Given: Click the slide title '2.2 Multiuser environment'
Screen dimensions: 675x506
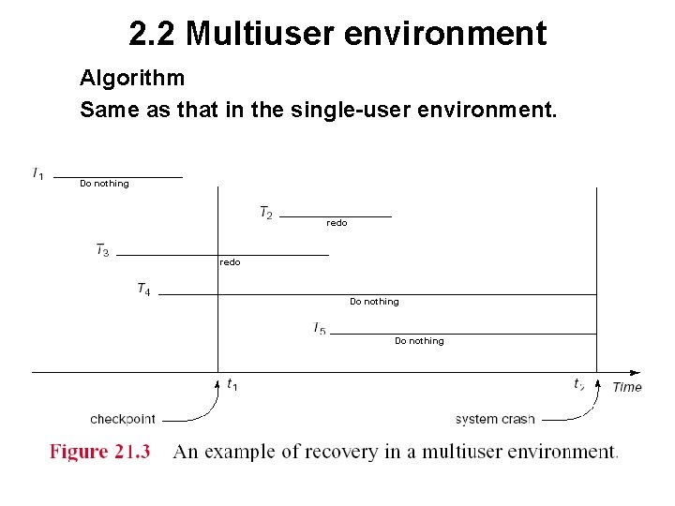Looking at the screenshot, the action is click(x=337, y=34).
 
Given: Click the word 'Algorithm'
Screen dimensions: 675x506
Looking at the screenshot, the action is click(x=132, y=77).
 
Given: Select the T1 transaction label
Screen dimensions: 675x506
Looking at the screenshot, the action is click(x=38, y=173).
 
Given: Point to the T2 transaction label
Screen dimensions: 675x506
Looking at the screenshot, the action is click(x=266, y=214).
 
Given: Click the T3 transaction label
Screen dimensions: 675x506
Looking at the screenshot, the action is click(x=102, y=250).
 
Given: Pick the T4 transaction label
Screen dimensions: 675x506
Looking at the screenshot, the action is click(x=143, y=290).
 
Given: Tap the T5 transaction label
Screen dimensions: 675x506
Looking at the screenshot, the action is click(x=320, y=329).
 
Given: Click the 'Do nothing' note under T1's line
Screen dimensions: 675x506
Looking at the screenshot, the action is click(x=104, y=184).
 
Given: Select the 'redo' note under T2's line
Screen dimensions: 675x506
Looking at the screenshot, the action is click(x=337, y=223).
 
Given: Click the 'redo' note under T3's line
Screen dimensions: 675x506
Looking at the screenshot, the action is click(x=230, y=262).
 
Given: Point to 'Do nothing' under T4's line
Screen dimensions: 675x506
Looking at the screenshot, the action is click(x=374, y=302).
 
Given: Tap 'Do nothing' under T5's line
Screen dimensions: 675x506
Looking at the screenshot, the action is click(x=419, y=341).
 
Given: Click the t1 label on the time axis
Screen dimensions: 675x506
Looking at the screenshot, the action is click(x=232, y=384).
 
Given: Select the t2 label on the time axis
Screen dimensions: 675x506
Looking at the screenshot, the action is click(x=579, y=384).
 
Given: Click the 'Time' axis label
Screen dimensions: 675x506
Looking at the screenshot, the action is click(x=627, y=387).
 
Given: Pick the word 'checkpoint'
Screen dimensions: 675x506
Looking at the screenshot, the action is click(x=123, y=419).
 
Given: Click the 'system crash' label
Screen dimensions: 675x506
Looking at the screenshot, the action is click(x=495, y=419).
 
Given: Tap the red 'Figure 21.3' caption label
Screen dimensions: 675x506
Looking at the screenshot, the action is click(x=99, y=452).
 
